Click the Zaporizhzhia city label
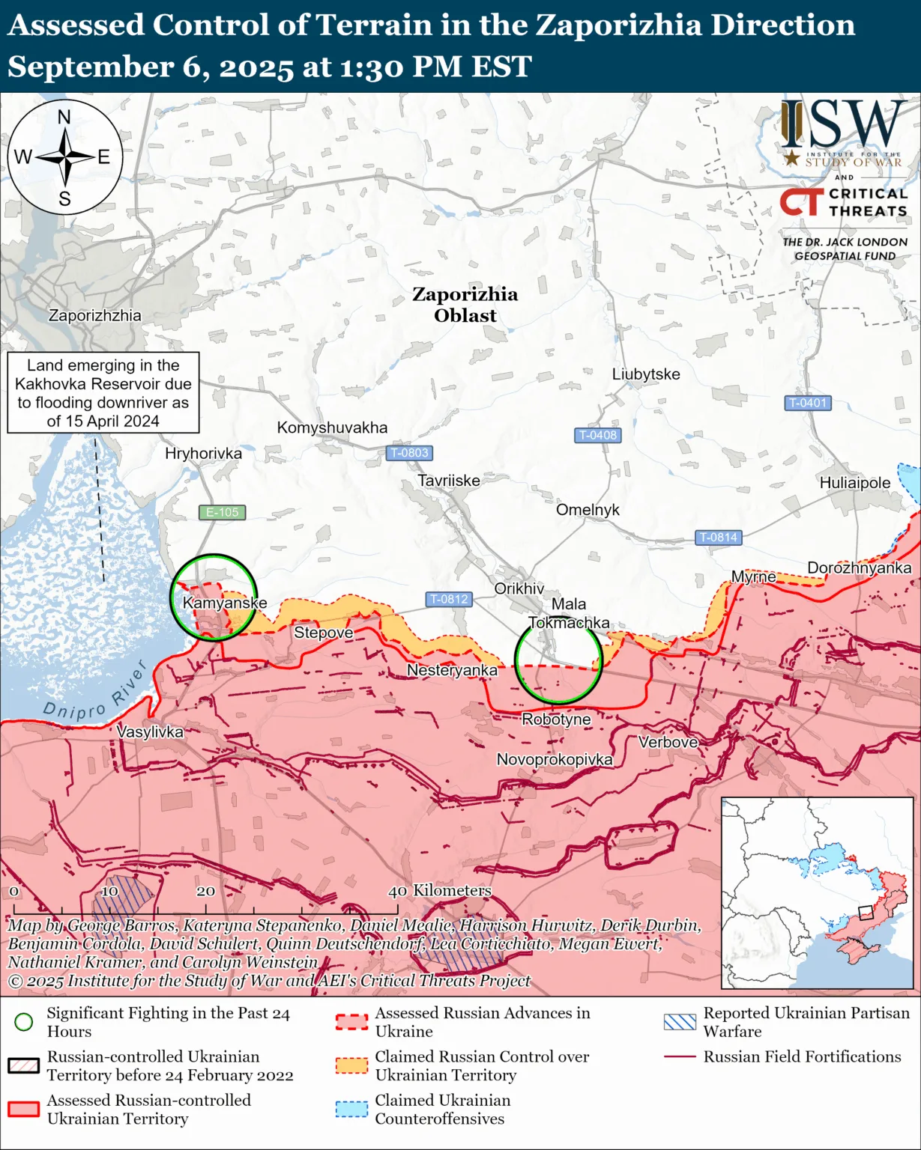pyautogui.click(x=94, y=315)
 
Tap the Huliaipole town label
pyautogui.click(x=854, y=483)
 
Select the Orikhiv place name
pyautogui.click(x=519, y=588)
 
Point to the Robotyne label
pyautogui.click(x=556, y=719)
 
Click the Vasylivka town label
pyautogui.click(x=150, y=731)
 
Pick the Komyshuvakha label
pyautogui.click(x=332, y=428)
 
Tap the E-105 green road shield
pyautogui.click(x=222, y=512)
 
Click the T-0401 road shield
pyautogui.click(x=807, y=403)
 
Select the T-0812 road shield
pyautogui.click(x=448, y=599)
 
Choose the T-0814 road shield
pyautogui.click(x=718, y=537)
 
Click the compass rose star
pyautogui.click(x=65, y=157)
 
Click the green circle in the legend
pyautogui.click(x=24, y=1022)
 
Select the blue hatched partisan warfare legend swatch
pyautogui.click(x=680, y=1022)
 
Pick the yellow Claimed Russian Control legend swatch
pyautogui.click(x=351, y=1065)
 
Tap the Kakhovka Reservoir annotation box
pyautogui.click(x=103, y=393)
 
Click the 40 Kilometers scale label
pyautogui.click(x=440, y=890)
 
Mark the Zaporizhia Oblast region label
pyautogui.click(x=465, y=305)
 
